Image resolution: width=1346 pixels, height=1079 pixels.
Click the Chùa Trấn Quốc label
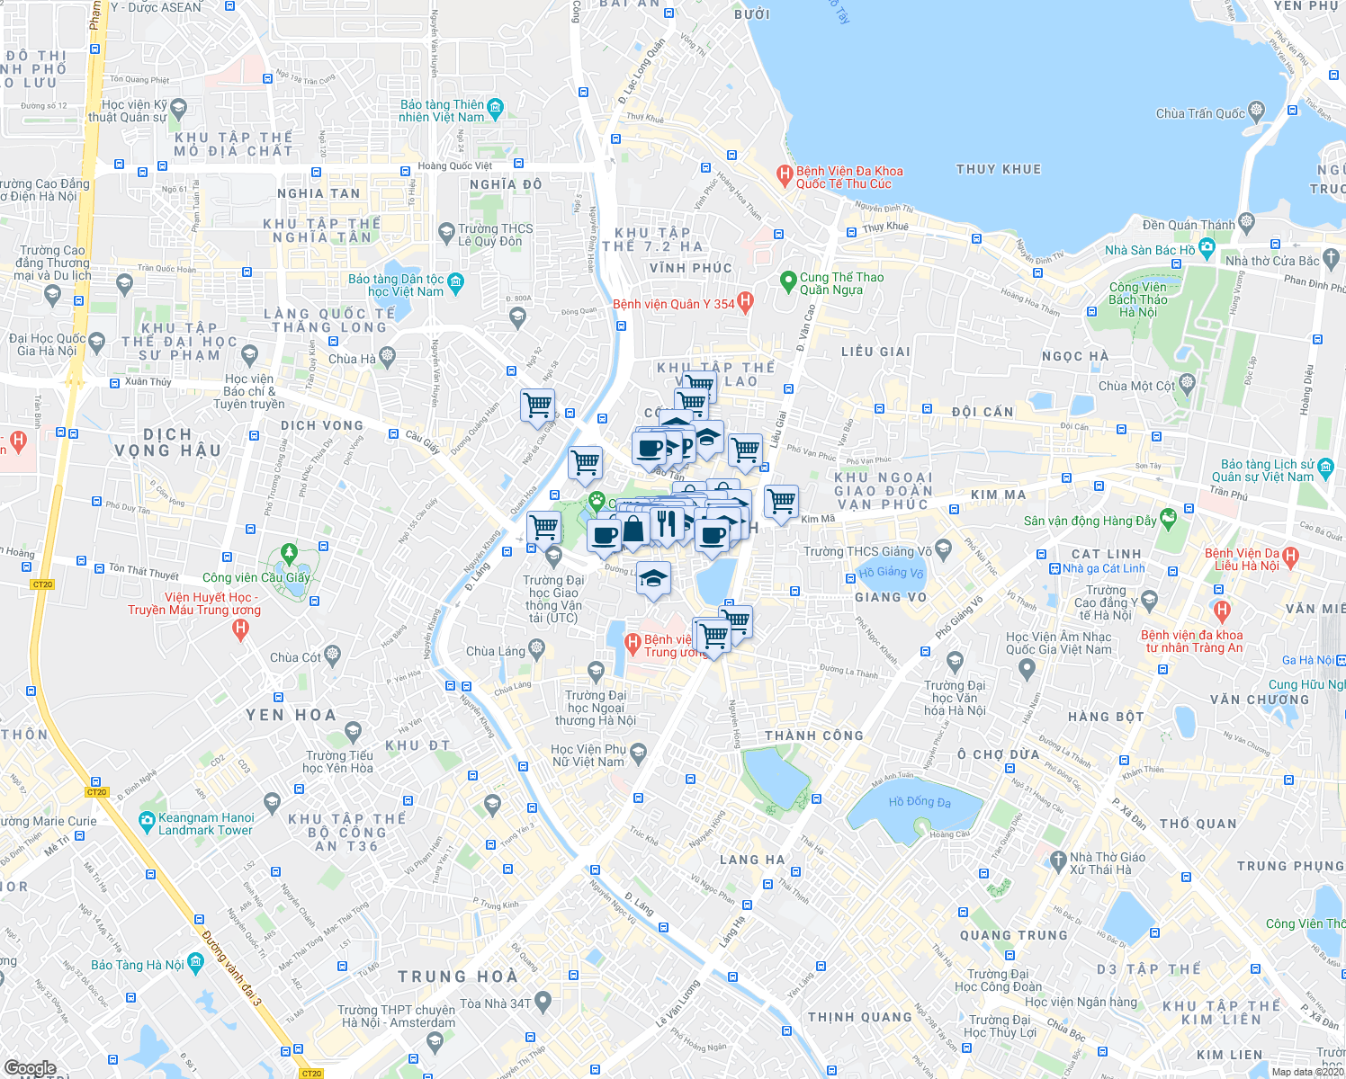coord(1200,113)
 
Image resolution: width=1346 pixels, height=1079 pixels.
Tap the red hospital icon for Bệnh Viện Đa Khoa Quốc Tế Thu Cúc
coord(784,173)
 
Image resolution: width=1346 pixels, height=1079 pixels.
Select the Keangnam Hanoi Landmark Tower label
coord(206,824)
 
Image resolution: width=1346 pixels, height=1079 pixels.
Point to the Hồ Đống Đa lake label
coord(919,802)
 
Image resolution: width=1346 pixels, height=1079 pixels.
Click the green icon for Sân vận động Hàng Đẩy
coord(1168,518)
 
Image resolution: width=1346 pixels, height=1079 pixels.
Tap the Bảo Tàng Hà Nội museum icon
coord(195,962)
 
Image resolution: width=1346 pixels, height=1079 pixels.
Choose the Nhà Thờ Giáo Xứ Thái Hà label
coord(1107,863)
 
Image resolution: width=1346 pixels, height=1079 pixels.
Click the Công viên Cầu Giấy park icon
coord(289,552)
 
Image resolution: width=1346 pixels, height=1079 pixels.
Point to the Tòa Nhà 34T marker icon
coord(543,1000)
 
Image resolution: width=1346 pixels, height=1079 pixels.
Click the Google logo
coord(30,1067)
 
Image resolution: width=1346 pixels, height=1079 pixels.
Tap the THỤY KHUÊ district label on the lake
coord(998,169)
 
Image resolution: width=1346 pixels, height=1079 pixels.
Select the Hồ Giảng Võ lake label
coord(891,573)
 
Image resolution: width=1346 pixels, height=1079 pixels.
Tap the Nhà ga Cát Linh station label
coord(1103,568)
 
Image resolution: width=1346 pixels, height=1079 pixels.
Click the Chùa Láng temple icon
coord(537,647)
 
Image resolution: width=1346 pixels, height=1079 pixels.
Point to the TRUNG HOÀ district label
coord(458,976)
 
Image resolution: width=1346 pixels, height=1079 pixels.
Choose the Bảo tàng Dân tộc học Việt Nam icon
coord(455,282)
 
